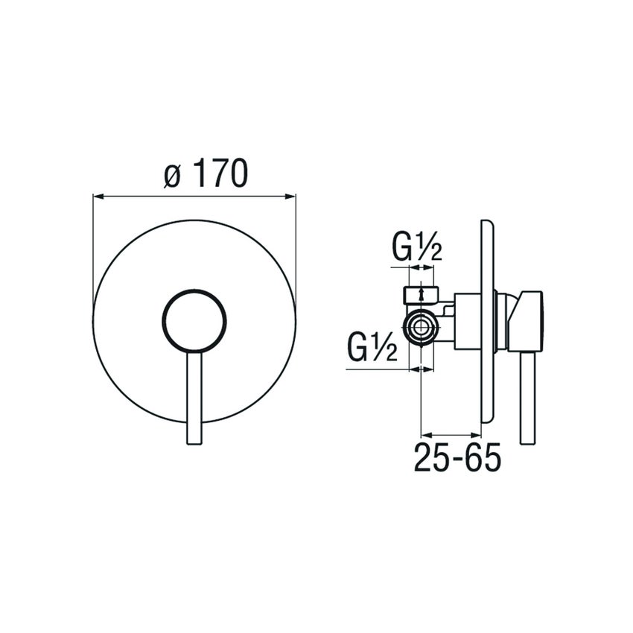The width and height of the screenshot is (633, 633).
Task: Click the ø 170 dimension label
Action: point(205,175)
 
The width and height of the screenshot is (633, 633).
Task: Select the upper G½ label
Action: point(418,249)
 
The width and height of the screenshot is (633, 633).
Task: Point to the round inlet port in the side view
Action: point(422,326)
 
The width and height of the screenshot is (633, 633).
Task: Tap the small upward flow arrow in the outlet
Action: point(423,293)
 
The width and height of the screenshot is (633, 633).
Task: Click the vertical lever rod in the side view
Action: point(529,398)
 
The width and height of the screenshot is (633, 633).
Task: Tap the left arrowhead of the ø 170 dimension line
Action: point(97,197)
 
